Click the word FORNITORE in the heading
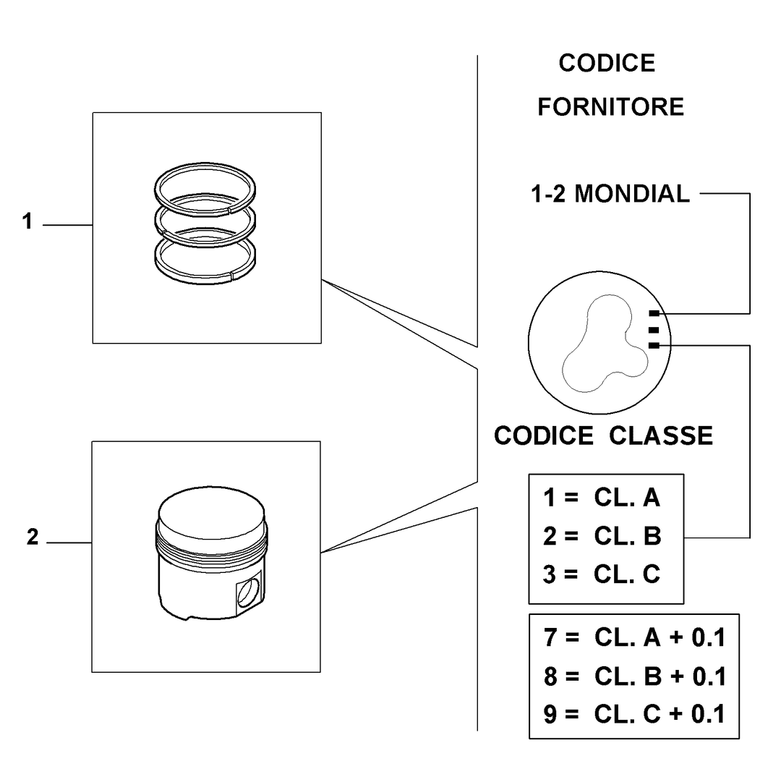610,107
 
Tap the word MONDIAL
632,193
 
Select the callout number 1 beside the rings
27,221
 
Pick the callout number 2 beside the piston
33,537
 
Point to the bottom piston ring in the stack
205,280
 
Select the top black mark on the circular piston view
654,313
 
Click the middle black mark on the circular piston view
654,330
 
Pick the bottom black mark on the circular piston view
654,345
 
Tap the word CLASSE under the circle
661,436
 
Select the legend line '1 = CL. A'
602,498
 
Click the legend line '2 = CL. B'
602,536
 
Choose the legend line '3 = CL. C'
602,574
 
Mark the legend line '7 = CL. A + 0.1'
634,637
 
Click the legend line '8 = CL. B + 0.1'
634,676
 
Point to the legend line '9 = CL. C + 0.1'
634,714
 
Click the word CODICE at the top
607,64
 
